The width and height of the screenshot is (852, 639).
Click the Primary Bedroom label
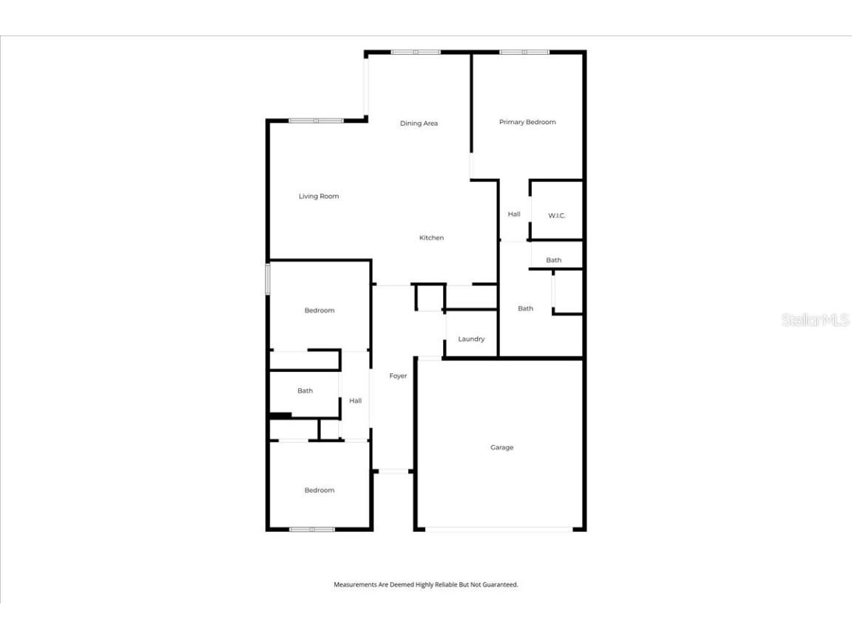tap(527, 122)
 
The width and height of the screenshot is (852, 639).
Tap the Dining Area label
tap(419, 124)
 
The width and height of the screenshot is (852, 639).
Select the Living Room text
tap(319, 196)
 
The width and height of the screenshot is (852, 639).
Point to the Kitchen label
tap(431, 237)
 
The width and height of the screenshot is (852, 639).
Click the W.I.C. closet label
tap(556, 216)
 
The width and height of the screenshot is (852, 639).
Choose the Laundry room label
tap(471, 339)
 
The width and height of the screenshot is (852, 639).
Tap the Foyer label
tap(398, 376)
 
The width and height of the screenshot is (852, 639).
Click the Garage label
tap(501, 447)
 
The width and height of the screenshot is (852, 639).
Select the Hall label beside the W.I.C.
tap(514, 214)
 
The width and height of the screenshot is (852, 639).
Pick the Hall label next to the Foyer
tap(355, 401)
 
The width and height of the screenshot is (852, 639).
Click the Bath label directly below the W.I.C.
tap(554, 260)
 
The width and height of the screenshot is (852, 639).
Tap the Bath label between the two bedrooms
tap(305, 390)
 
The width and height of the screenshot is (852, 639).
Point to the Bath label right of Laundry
tap(525, 308)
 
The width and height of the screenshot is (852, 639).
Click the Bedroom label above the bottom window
tap(319, 490)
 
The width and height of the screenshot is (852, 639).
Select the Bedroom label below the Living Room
tap(319, 311)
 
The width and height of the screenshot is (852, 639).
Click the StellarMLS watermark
tap(815, 319)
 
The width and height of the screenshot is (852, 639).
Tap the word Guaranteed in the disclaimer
tap(500, 585)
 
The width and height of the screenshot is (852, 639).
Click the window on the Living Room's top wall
tap(316, 121)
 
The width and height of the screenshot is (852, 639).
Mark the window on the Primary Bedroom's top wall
tap(524, 53)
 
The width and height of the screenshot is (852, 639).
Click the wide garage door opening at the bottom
tap(498, 529)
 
